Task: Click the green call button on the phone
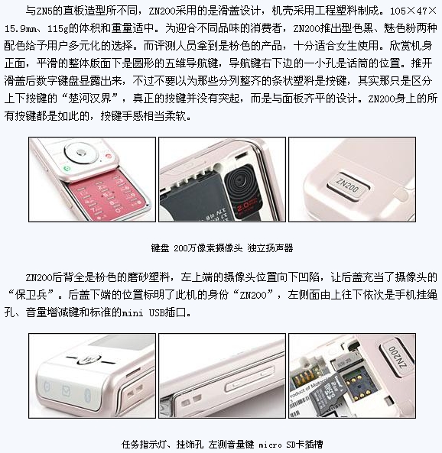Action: [x=67, y=168]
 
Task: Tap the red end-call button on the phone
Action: [x=109, y=156]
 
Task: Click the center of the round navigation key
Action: [x=82, y=152]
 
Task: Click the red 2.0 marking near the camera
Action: [x=246, y=206]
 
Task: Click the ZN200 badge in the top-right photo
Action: [x=348, y=184]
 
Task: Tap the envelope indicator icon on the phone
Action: [x=67, y=390]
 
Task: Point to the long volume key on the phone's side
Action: [x=249, y=379]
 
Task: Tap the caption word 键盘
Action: [x=160, y=248]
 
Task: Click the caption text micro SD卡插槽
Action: [x=291, y=445]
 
